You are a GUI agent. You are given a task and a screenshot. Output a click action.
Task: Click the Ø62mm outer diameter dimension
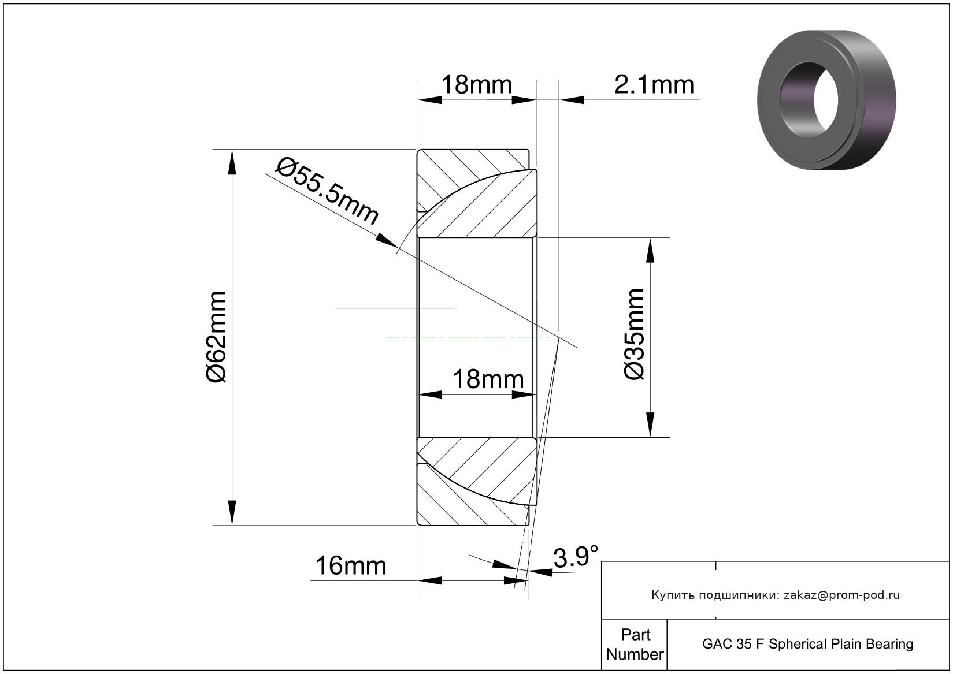point(217,337)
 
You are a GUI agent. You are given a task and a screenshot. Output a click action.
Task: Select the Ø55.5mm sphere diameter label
point(327,192)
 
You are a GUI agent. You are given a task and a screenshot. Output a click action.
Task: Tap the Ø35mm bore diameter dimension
point(635,334)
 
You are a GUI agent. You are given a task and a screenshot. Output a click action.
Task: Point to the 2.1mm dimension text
point(654,85)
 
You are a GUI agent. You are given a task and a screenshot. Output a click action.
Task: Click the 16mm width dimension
point(351,566)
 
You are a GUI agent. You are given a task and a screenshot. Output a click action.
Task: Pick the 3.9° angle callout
point(576,557)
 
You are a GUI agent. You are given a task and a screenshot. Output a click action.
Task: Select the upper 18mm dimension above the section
point(476,85)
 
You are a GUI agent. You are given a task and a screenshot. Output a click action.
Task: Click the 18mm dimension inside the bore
point(488,379)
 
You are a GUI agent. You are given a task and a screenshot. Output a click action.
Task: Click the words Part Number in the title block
point(635,644)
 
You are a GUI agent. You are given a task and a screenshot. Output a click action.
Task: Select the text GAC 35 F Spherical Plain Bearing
point(807,644)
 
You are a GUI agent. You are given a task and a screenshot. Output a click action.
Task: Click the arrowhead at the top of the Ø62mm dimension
point(232,162)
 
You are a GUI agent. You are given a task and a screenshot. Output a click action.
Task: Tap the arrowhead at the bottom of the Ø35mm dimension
point(650,424)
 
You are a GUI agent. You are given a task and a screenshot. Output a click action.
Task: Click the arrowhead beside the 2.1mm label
point(572,100)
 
